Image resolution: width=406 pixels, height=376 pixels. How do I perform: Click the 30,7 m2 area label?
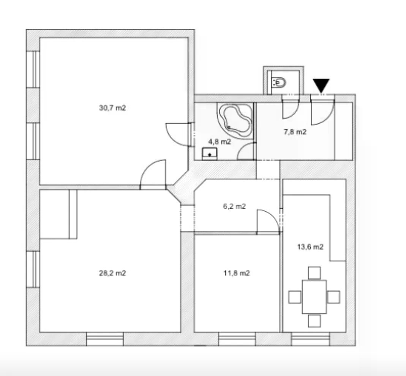112,108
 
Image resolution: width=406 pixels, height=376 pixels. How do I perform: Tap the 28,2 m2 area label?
112,273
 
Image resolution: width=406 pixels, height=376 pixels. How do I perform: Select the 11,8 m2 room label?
236,273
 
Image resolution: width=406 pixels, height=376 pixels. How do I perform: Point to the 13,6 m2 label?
310,247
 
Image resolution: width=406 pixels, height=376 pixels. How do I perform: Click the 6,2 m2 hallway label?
234,206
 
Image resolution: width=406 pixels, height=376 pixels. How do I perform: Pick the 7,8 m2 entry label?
295,132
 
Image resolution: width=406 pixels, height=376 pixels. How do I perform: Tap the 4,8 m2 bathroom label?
220,142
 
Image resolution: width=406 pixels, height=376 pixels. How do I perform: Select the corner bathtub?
235,121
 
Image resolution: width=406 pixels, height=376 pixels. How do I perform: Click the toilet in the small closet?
279,83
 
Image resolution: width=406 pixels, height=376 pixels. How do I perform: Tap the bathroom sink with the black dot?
210,154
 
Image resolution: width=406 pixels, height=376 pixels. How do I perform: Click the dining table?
314,297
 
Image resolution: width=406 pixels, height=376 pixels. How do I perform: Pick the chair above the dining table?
314,273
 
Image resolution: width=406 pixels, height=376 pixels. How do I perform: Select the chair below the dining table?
314,321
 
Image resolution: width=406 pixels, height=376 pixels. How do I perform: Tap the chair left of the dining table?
295,297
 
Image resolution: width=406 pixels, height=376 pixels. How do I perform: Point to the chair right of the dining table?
333,297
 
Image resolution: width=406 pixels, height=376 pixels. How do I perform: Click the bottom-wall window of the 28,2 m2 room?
104,339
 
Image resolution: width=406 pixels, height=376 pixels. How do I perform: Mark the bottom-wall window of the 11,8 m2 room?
237,339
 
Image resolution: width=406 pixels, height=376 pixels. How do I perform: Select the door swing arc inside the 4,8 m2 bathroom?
241,147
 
